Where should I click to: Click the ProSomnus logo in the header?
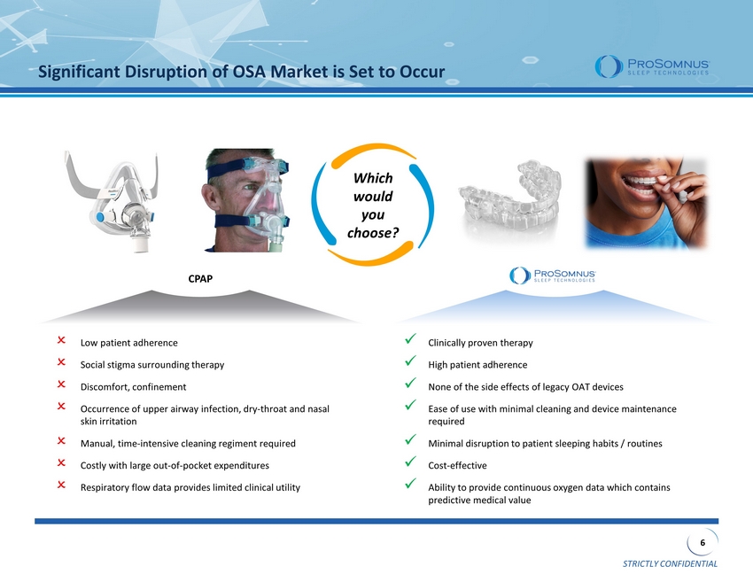652,66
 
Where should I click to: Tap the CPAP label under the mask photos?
200,278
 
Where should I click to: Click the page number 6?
703,543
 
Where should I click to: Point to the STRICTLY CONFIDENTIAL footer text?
670,563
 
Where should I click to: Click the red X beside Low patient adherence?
61,340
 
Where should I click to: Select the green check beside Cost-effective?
410,462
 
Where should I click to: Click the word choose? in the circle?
373,233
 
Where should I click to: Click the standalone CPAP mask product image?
112,202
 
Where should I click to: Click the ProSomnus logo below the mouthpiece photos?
553,275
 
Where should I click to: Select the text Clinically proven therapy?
480,343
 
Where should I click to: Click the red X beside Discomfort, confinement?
61,384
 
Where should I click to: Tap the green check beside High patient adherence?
410,361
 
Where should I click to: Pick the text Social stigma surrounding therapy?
152,365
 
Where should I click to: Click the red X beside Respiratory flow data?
61,485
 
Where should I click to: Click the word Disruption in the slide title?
169,72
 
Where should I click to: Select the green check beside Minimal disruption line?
410,439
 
